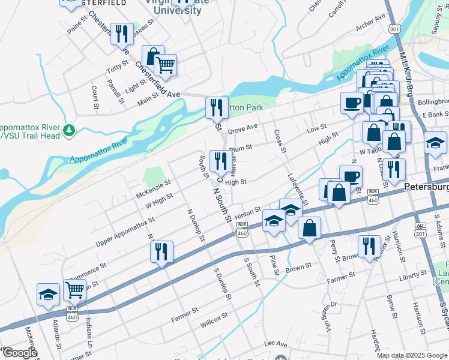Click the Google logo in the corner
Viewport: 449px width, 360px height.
coord(19,353)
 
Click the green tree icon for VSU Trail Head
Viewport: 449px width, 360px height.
coord(70,130)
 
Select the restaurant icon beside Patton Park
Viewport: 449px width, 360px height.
coord(217,108)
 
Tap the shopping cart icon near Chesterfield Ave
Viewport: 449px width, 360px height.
coord(165,65)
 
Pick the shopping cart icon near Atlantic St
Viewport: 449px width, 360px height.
coord(74,290)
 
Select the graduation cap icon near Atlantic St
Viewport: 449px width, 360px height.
coord(49,295)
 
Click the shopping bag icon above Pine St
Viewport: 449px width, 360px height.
coord(309,228)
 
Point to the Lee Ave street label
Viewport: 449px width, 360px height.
coord(276,343)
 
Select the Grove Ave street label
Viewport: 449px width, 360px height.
coord(243,127)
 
